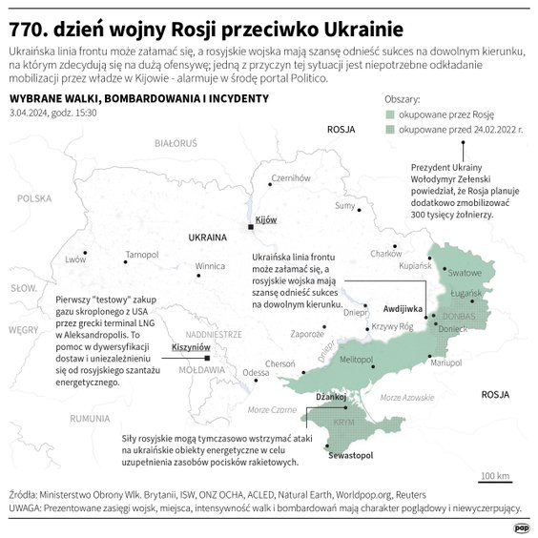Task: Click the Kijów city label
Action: click(x=266, y=219)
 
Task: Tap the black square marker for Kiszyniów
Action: click(x=207, y=359)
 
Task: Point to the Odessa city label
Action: click(x=256, y=373)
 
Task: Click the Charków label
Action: click(x=385, y=254)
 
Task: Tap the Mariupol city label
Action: click(x=445, y=363)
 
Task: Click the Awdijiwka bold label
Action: click(x=402, y=310)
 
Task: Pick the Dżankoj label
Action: click(x=330, y=395)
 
